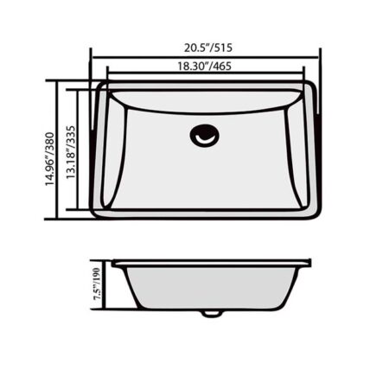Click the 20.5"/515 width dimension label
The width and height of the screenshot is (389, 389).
[x=208, y=48]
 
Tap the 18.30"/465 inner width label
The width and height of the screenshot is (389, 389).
[x=204, y=67]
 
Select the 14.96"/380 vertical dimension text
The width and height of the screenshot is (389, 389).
[x=49, y=159]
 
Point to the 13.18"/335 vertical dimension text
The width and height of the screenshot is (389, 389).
[x=71, y=152]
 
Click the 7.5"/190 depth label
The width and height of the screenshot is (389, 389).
[x=97, y=284]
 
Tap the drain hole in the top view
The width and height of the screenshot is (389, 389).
[x=205, y=136]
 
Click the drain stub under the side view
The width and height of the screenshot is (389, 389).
[x=211, y=314]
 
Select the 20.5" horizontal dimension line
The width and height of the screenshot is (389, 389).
[x=205, y=57]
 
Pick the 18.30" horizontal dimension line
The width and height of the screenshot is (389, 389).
[x=205, y=73]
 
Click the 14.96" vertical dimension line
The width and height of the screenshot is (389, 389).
[x=58, y=150]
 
